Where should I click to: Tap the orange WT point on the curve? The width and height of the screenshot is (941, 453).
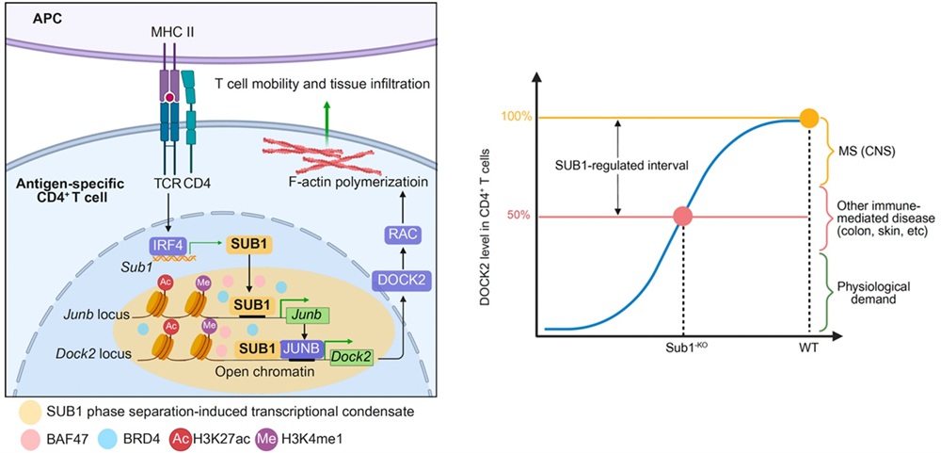(x=808, y=118)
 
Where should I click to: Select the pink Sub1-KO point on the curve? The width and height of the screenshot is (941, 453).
(x=684, y=217)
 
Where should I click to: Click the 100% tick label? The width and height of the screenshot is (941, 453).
(x=516, y=118)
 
